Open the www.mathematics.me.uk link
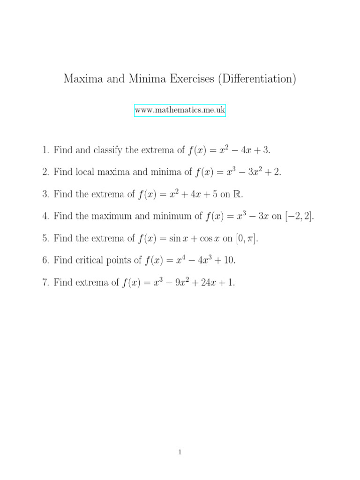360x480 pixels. (x=180, y=111)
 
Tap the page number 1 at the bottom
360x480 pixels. (x=180, y=452)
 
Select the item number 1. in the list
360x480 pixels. (x=45, y=150)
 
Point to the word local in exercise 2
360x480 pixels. (x=82, y=172)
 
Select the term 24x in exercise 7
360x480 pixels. (x=209, y=283)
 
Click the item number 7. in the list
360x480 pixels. (x=45, y=283)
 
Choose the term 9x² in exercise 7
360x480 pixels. (x=182, y=283)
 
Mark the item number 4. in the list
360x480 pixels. (x=45, y=217)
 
